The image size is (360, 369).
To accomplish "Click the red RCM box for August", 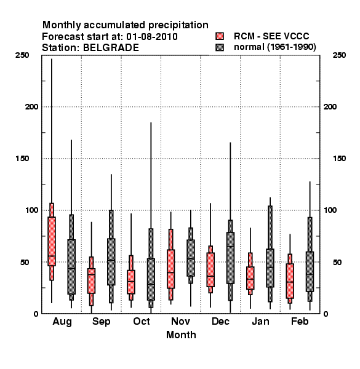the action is pyautogui.click(x=52, y=242).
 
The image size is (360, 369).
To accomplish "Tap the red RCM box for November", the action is pyautogui.click(x=170, y=269).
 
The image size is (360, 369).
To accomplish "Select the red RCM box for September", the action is pyautogui.click(x=91, y=281).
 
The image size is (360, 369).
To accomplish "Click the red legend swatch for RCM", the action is pyautogui.click(x=220, y=36).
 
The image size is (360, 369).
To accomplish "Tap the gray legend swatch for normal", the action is pyautogui.click(x=220, y=47).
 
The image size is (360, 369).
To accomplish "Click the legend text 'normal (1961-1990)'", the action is pyautogui.click(x=274, y=47).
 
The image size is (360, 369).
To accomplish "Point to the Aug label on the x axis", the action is pyautogui.click(x=62, y=322).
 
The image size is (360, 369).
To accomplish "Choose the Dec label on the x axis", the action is pyautogui.click(x=220, y=321).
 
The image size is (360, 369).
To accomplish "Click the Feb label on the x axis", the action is pyautogui.click(x=300, y=321).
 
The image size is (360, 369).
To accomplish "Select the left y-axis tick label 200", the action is pyautogui.click(x=31, y=107).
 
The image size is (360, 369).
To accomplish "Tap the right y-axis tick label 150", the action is pyautogui.click(x=339, y=159).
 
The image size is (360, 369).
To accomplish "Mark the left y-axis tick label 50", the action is pyautogui.click(x=25, y=262).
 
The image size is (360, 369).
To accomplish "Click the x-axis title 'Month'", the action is pyautogui.click(x=181, y=335).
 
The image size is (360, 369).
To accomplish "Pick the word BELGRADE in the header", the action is pyautogui.click(x=111, y=47).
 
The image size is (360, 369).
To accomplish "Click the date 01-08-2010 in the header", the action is pyautogui.click(x=152, y=36).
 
